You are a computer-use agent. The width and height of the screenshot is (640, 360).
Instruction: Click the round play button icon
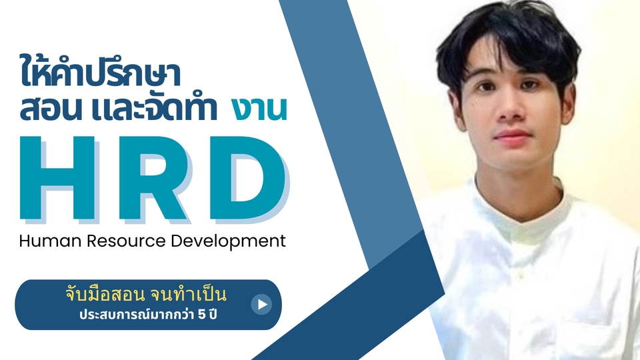coord(261,305)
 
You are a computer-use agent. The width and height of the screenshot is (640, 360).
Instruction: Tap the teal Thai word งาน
coord(260,110)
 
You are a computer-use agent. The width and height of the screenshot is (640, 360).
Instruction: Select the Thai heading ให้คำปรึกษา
coord(100,72)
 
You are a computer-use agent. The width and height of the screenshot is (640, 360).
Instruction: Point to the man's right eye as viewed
coord(539,89)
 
